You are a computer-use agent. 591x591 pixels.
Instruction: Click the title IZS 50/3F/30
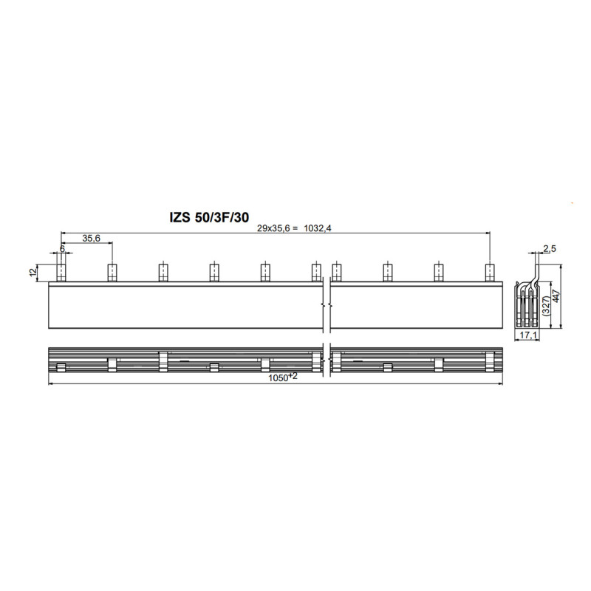(209, 217)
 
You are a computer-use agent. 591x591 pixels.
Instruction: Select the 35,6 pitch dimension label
(91, 238)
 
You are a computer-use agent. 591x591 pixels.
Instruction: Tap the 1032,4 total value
(318, 228)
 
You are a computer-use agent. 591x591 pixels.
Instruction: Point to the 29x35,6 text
(273, 228)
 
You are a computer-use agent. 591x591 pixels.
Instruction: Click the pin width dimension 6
(62, 249)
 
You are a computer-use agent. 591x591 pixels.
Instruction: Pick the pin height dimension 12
(33, 272)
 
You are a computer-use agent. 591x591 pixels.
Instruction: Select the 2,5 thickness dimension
(549, 248)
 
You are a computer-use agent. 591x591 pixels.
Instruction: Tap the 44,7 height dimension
(557, 295)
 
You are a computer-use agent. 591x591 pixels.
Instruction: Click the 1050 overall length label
(283, 377)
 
